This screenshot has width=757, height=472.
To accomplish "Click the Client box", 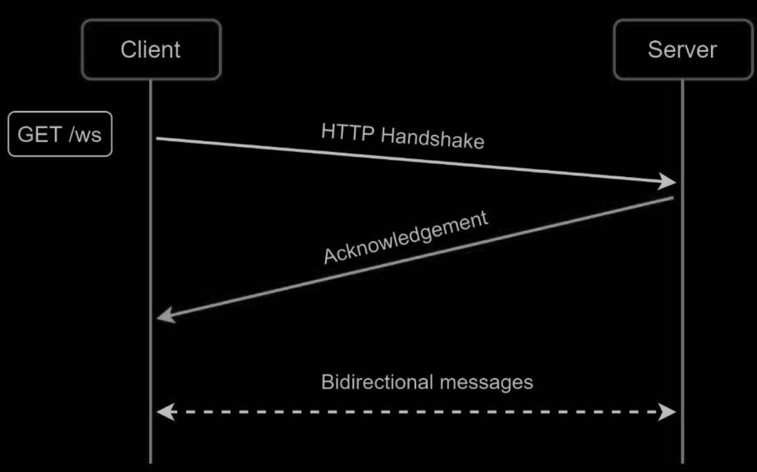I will pyautogui.click(x=151, y=50).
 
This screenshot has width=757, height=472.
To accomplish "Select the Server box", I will pyautogui.click(x=682, y=50).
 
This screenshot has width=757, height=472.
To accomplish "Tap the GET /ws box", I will pyautogui.click(x=60, y=134).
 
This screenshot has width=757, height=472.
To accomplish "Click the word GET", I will pyautogui.click(x=40, y=134).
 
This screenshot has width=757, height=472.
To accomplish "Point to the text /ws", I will pyautogui.click(x=85, y=134).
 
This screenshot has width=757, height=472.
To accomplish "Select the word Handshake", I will pyautogui.click(x=432, y=138).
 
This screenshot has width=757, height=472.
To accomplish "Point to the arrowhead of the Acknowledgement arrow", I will pyautogui.click(x=164, y=316).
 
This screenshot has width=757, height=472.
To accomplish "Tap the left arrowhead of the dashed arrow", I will pyautogui.click(x=164, y=411).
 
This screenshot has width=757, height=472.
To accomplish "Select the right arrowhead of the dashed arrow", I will pyautogui.click(x=669, y=411).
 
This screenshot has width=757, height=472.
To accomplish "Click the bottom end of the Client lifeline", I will pyautogui.click(x=151, y=461).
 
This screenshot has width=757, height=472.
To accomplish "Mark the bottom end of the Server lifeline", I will pyautogui.click(x=682, y=461).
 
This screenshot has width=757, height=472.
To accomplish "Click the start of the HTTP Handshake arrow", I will pyautogui.click(x=158, y=139).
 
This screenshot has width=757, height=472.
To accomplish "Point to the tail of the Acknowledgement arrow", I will pyautogui.click(x=672, y=198).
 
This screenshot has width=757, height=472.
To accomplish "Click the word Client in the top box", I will pyautogui.click(x=151, y=50).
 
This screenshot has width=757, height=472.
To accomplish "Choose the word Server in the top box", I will pyautogui.click(x=682, y=50).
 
